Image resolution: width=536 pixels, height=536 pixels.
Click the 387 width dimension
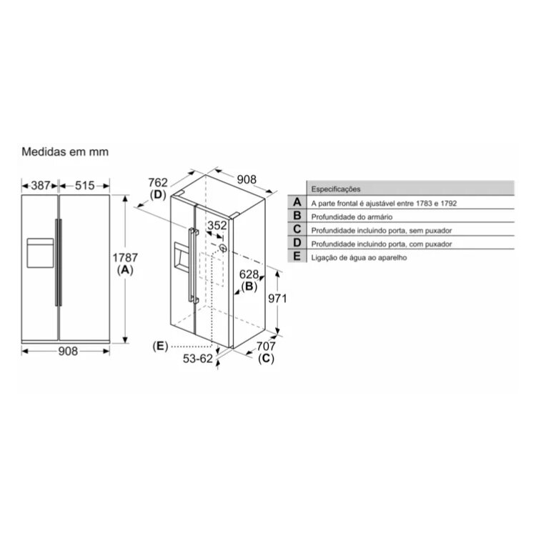click(41, 186)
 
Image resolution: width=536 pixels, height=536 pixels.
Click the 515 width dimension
click(84, 186)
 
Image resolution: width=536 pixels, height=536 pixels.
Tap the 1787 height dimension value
click(125, 257)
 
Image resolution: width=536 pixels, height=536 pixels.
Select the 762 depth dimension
click(158, 182)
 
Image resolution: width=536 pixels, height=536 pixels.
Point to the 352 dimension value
click(217, 225)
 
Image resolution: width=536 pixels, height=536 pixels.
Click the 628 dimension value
click(249, 274)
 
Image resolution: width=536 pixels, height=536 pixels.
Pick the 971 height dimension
click(277, 299)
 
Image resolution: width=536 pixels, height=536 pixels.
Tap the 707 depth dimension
click(266, 347)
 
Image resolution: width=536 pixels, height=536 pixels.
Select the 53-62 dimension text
click(197, 359)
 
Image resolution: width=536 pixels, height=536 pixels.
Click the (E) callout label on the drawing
click(160, 347)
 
